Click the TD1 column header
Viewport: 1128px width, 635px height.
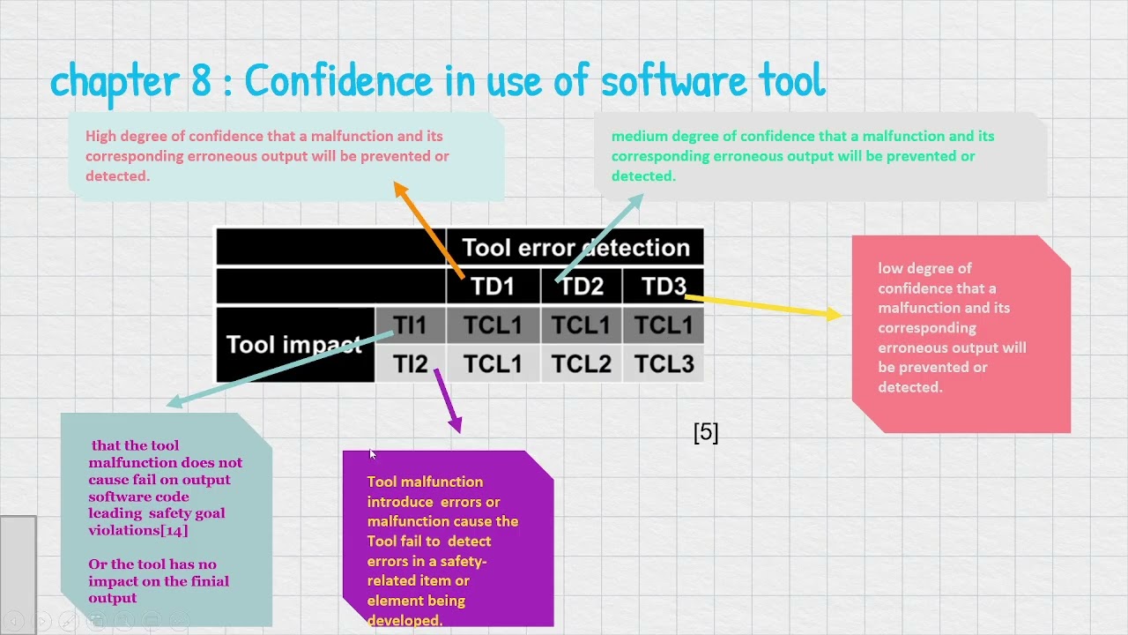click(x=493, y=287)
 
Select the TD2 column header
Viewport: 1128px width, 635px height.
click(x=582, y=287)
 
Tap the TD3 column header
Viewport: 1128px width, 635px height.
click(x=663, y=287)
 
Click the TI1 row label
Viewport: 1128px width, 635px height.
click(x=410, y=325)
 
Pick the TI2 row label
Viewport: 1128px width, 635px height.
click(x=410, y=364)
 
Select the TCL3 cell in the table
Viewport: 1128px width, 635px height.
click(x=664, y=364)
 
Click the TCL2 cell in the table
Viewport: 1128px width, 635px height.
click(x=581, y=364)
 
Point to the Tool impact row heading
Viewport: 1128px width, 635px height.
click(x=293, y=344)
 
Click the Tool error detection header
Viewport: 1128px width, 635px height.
click(x=575, y=248)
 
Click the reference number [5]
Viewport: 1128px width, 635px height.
click(x=706, y=432)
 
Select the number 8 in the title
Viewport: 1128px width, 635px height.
click(x=202, y=81)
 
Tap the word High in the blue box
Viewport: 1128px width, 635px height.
click(x=100, y=136)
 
